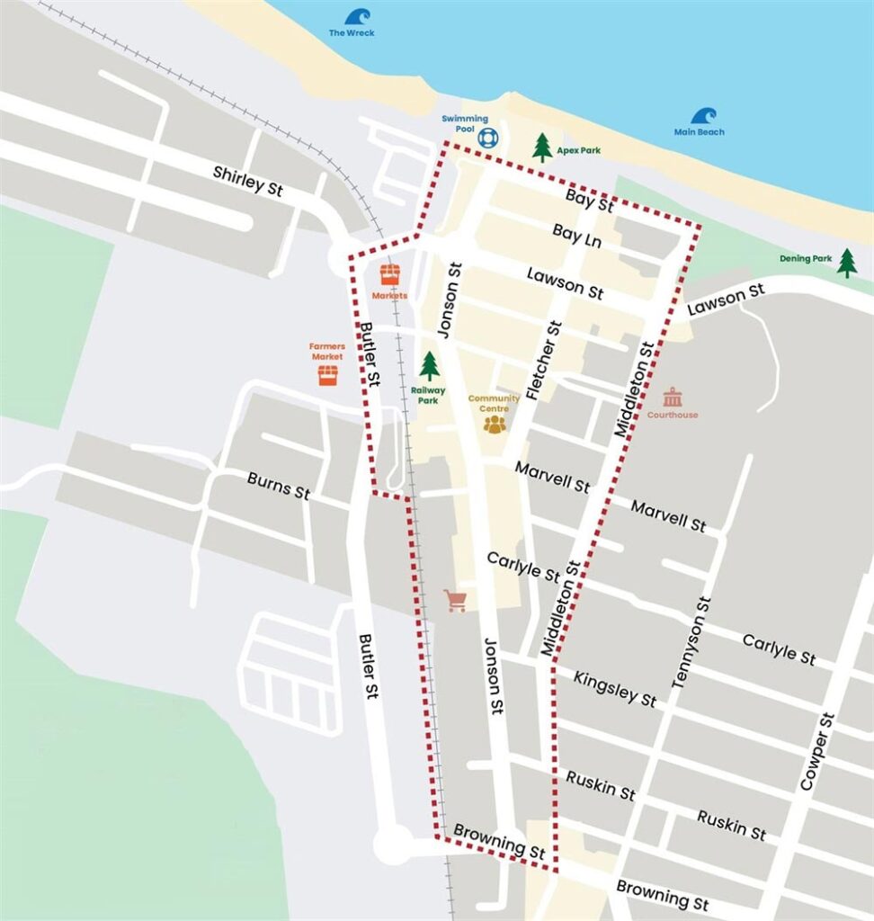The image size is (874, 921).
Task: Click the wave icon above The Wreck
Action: pyautogui.click(x=357, y=16)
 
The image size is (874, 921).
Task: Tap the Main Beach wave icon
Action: pyautogui.click(x=703, y=116)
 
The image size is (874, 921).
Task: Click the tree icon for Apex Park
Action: pyautogui.click(x=541, y=147)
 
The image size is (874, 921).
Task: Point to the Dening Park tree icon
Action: pyautogui.click(x=847, y=262)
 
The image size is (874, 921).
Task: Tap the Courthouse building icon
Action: pyautogui.click(x=672, y=397)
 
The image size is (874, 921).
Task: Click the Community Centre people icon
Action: pyautogui.click(x=495, y=423)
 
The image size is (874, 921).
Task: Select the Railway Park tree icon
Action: pyautogui.click(x=430, y=365)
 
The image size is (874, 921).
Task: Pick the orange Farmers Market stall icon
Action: pyautogui.click(x=327, y=374)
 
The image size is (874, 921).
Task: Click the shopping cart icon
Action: pyautogui.click(x=456, y=601)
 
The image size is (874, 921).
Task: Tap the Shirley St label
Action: pyautogui.click(x=248, y=180)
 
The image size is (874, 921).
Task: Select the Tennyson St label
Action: pyautogui.click(x=691, y=643)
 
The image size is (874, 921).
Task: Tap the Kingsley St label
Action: pyautogui.click(x=615, y=687)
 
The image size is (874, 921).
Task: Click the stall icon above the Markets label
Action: pyautogui.click(x=389, y=274)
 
